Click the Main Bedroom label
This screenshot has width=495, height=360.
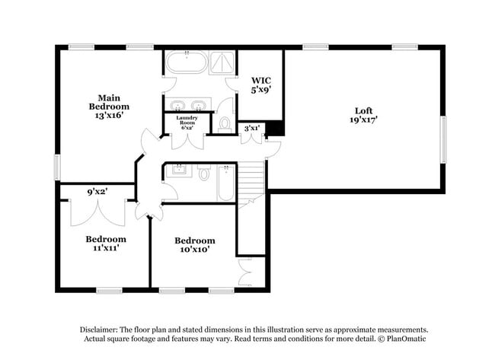pyautogui.click(x=107, y=107)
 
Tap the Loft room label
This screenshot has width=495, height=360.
pyautogui.click(x=362, y=113)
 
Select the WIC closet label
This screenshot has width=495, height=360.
pyautogui.click(x=260, y=84)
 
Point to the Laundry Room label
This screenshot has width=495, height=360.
pyautogui.click(x=187, y=123)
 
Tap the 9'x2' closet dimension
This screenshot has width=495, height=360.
pyautogui.click(x=97, y=193)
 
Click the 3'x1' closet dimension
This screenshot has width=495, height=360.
pyautogui.click(x=251, y=127)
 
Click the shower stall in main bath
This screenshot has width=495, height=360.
pyautogui.click(x=223, y=62)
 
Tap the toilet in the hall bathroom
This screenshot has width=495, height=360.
pyautogui.click(x=204, y=174)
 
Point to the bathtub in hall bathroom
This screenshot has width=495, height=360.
pyautogui.click(x=226, y=183)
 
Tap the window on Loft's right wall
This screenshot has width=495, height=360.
pyautogui.click(x=444, y=139)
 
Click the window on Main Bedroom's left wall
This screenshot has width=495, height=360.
pyautogui.click(x=57, y=167)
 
